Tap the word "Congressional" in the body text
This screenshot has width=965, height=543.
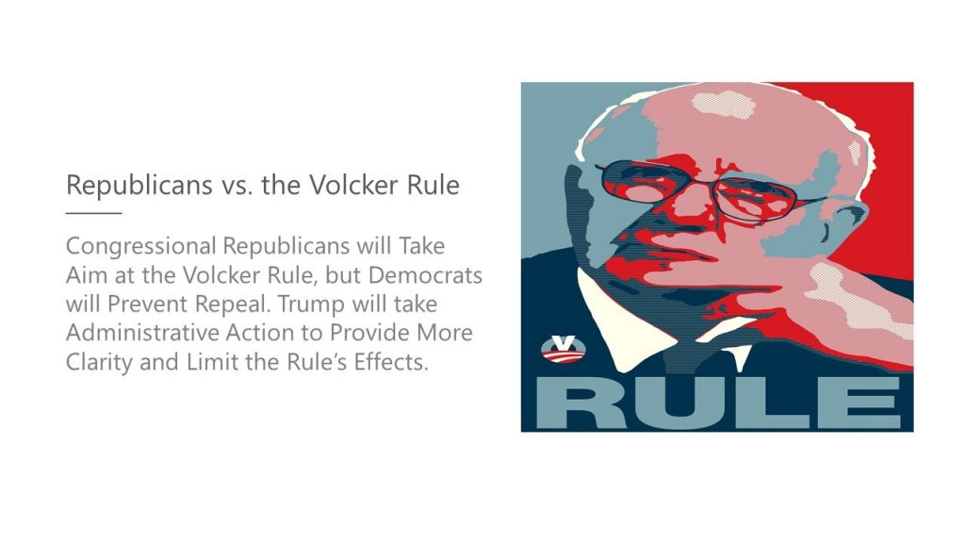pyautogui.click(x=141, y=247)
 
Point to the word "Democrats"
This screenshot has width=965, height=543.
pyautogui.click(x=425, y=274)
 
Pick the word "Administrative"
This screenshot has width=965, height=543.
pyautogui.click(x=143, y=333)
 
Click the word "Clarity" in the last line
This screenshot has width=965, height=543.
pyautogui.click(x=99, y=362)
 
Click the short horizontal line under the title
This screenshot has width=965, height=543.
pyautogui.click(x=93, y=213)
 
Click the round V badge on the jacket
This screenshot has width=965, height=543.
pyautogui.click(x=564, y=349)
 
